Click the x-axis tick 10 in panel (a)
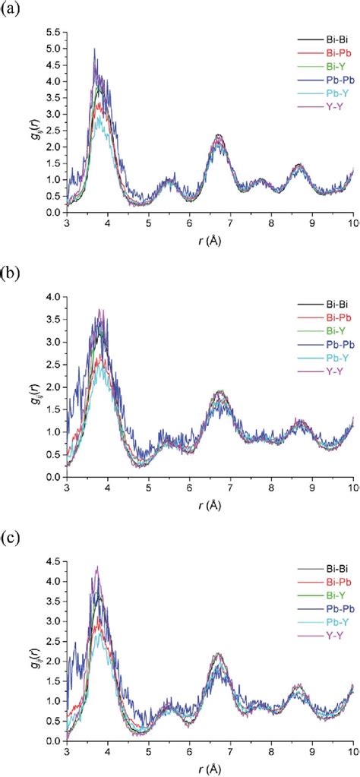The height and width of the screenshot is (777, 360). (352, 223)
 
